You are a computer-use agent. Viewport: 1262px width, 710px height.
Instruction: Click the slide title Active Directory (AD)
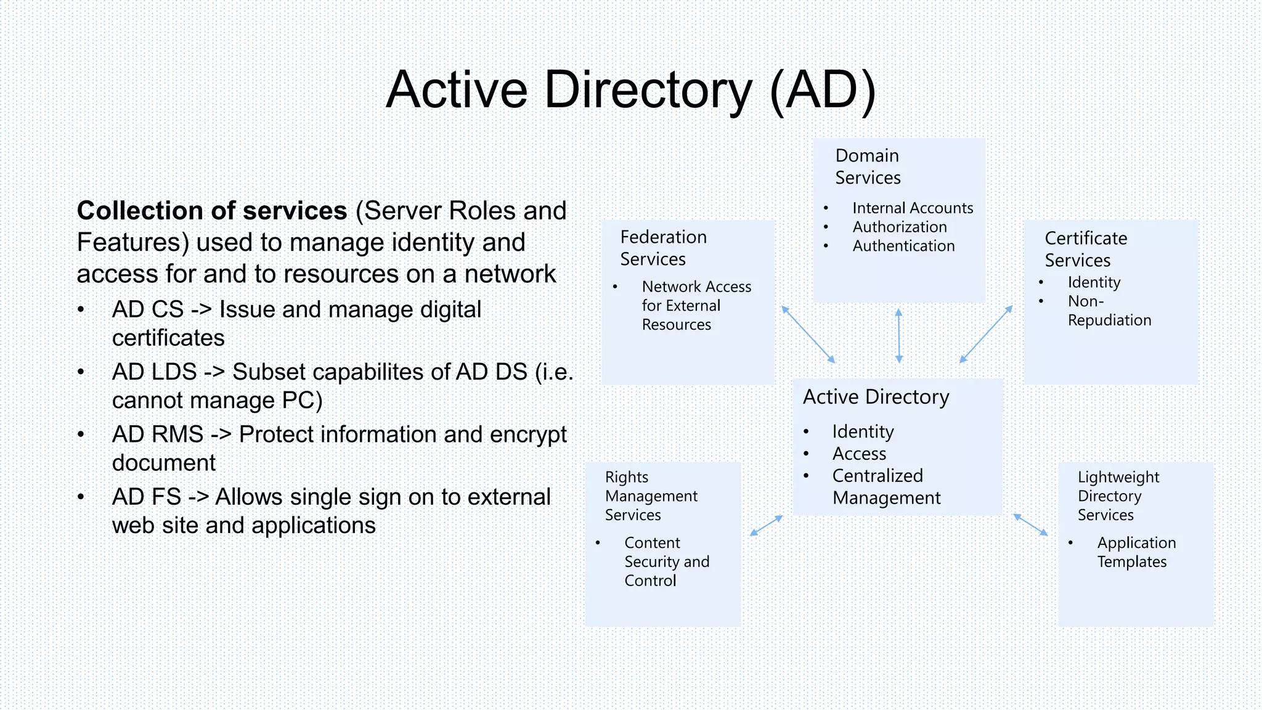tap(630, 90)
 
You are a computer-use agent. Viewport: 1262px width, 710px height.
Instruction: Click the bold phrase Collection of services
tap(211, 211)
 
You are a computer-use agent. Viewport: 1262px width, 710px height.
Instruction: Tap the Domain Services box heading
tap(868, 166)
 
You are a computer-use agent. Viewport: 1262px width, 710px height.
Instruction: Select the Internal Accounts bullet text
tap(912, 208)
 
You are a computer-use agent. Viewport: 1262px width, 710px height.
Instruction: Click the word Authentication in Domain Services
tap(903, 246)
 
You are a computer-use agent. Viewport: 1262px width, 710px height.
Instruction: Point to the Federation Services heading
tap(663, 248)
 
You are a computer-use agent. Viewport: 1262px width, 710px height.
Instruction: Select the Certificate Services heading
tap(1085, 249)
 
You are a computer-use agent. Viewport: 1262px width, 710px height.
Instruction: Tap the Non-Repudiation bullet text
tap(1109, 311)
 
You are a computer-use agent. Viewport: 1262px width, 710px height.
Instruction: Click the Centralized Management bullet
tap(885, 487)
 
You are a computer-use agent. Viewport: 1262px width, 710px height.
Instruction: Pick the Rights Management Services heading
tap(651, 496)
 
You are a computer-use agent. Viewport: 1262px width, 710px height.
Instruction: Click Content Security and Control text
tap(666, 561)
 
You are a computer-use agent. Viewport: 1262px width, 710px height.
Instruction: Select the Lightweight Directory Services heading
tap(1118, 496)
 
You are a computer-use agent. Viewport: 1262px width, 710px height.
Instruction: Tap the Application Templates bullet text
tap(1136, 552)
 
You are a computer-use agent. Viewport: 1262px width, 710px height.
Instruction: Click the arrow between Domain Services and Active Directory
tap(898, 336)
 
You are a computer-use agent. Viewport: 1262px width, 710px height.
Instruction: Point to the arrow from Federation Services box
tap(808, 334)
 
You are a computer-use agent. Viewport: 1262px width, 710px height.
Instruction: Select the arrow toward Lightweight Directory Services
tap(1030, 524)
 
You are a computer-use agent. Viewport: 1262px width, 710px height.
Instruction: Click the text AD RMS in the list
tap(158, 435)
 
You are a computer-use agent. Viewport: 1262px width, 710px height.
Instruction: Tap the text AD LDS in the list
tap(154, 372)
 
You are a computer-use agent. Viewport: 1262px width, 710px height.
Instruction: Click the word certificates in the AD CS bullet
tap(168, 338)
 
